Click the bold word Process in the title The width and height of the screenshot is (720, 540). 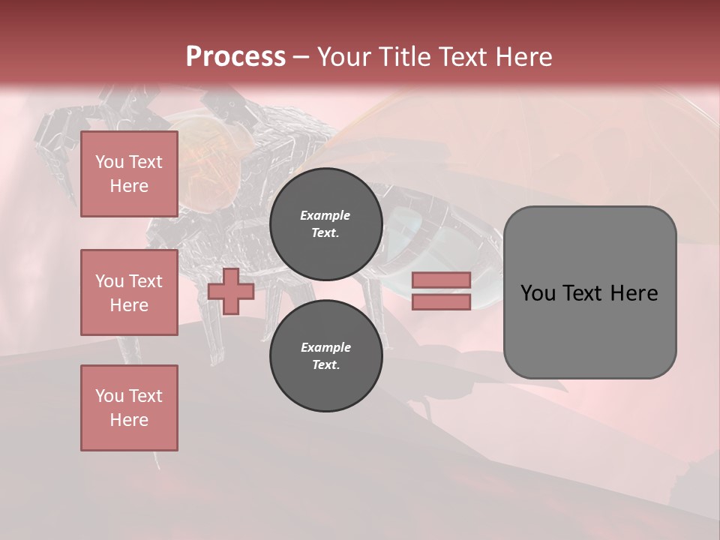[235, 57]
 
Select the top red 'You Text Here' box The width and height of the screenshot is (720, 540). [129, 174]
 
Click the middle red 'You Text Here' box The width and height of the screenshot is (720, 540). [129, 292]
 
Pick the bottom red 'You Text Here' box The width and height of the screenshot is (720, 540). [129, 408]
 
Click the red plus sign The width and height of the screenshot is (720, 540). [231, 292]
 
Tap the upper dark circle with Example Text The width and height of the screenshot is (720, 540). [325, 223]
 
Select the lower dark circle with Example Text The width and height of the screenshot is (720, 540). [325, 355]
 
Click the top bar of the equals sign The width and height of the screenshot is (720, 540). [441, 280]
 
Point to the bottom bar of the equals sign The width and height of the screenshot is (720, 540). [441, 301]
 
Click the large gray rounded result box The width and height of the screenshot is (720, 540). [589, 330]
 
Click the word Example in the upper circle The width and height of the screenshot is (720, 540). [325, 215]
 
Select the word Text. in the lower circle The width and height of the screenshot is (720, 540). [325, 364]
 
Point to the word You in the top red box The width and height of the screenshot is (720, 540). [109, 162]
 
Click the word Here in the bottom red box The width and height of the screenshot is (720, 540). [129, 420]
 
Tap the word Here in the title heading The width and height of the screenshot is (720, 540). [520, 57]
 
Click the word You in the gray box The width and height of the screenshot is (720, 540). [537, 293]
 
